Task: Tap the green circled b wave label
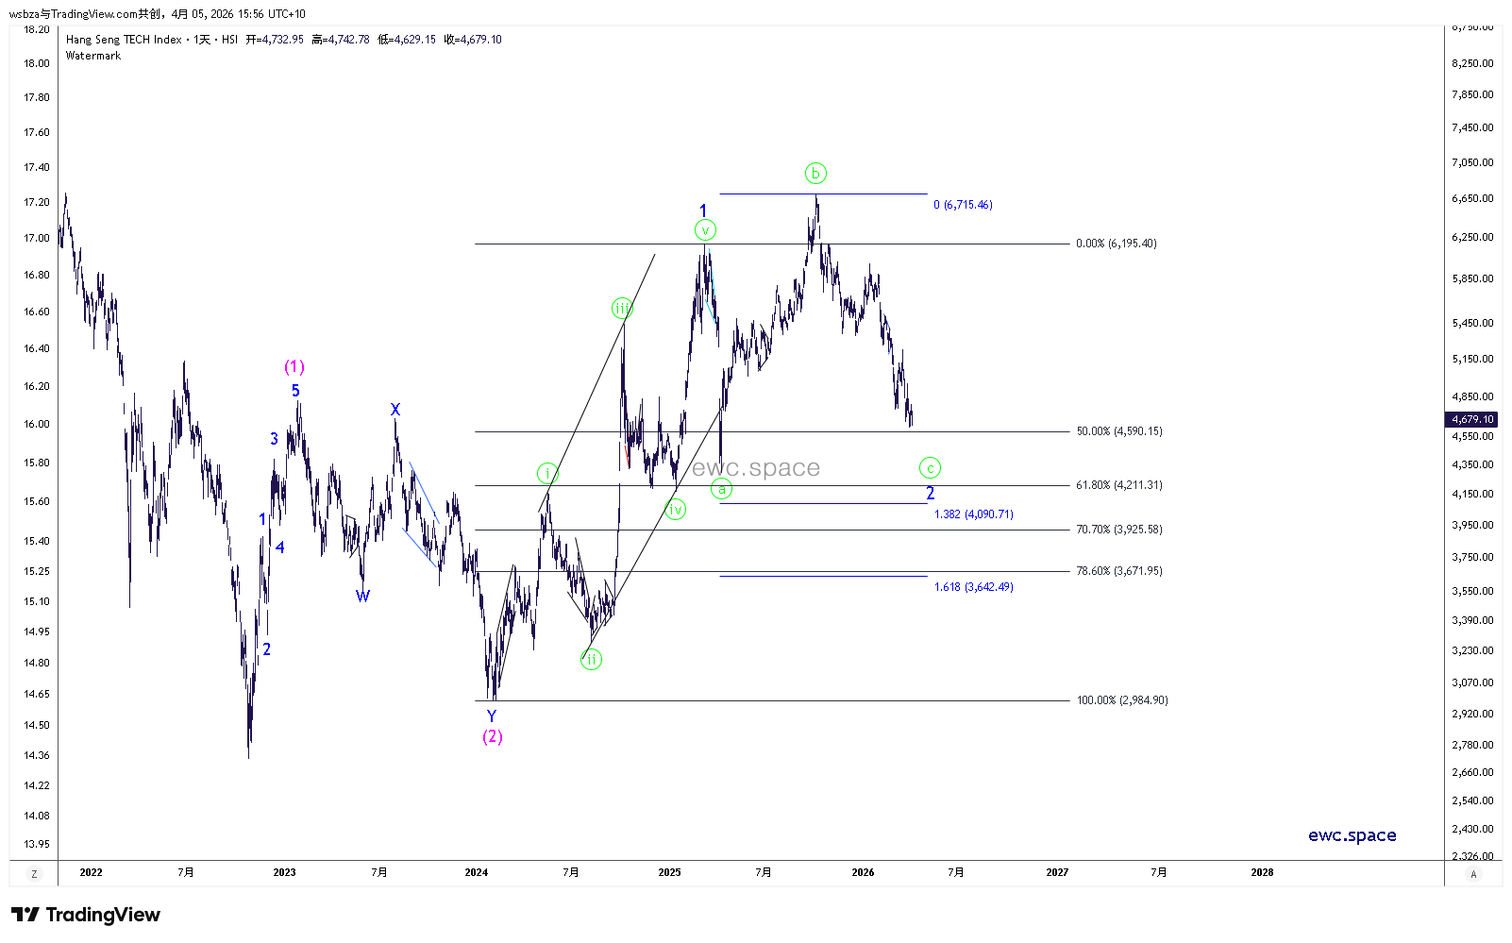[815, 173]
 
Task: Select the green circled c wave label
[930, 467]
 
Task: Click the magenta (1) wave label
[294, 367]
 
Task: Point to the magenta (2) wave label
[493, 736]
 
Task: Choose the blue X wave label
[395, 410]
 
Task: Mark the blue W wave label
[362, 596]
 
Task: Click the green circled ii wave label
[592, 659]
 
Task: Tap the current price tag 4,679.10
[1472, 419]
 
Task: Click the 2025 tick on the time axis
[669, 872]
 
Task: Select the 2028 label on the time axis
[1262, 872]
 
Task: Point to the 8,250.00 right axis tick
[1472, 63]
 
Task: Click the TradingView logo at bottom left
[86, 915]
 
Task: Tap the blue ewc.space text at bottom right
[1352, 835]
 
